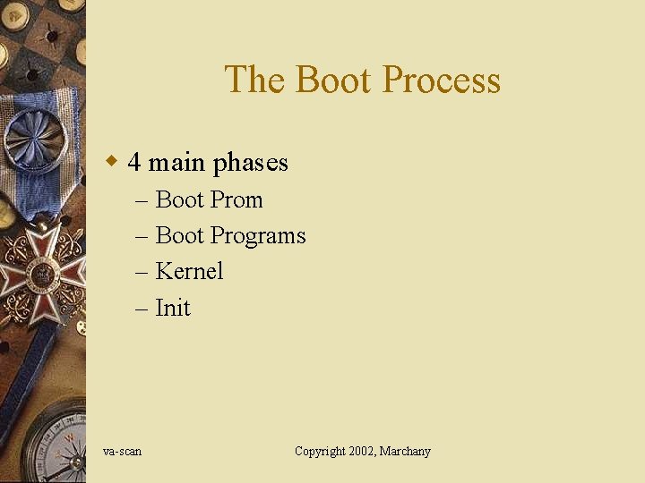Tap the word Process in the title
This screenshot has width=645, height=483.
[x=441, y=80]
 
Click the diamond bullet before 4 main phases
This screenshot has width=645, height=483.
[x=112, y=162]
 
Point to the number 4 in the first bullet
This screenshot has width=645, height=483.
[x=134, y=163]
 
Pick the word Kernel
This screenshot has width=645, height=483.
[x=189, y=271]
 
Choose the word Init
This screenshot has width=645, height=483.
[x=173, y=308]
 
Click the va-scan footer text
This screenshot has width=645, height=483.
[x=122, y=452]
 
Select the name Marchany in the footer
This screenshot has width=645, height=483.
[x=405, y=452]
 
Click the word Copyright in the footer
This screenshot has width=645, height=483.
[x=320, y=452]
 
